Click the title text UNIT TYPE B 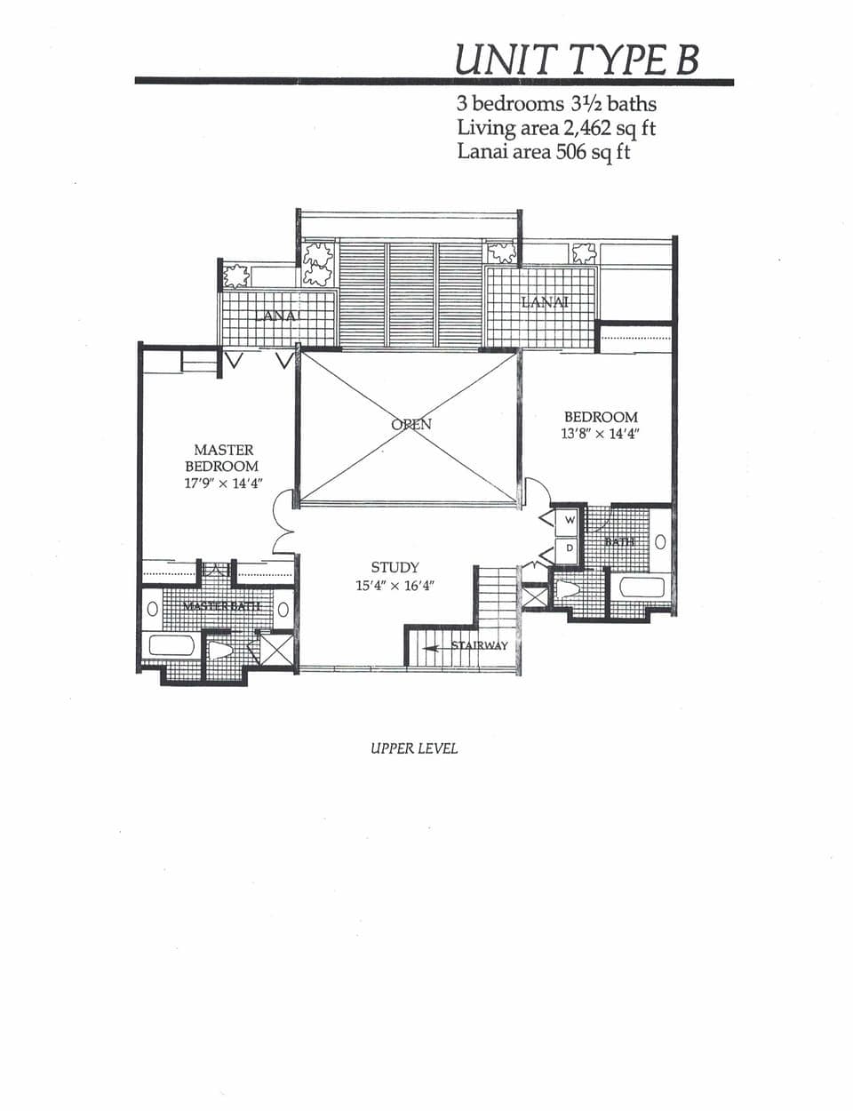577,59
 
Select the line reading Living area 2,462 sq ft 556,128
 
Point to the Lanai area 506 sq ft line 544,152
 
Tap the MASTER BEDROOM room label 222,458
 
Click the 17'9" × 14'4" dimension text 222,484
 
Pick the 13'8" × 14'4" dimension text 601,434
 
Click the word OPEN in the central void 411,424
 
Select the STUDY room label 395,567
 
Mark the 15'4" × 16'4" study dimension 395,587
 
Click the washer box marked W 570,520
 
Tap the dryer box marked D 570,549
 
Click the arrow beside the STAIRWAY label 431,648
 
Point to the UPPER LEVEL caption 414,748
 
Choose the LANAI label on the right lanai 545,301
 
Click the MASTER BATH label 221,605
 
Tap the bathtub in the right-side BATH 641,587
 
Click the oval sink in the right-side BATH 660,541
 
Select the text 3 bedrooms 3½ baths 556,103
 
